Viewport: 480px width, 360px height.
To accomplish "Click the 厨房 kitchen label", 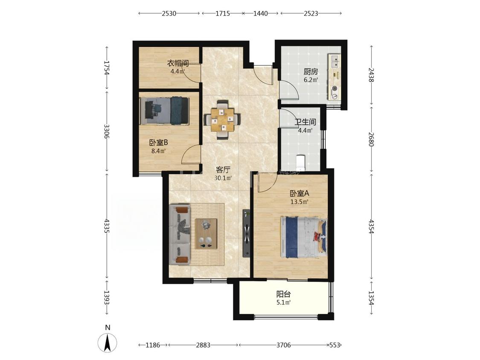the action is click(311, 72).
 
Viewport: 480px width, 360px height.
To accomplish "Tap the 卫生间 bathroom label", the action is click(305, 122).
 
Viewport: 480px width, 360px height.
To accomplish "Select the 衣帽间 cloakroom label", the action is click(177, 64).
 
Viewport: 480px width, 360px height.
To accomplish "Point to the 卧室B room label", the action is click(159, 142).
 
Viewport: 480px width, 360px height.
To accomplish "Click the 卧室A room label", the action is click(300, 194).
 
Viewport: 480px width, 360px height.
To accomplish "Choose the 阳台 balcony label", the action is click(283, 294).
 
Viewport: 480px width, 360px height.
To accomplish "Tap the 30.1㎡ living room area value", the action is click(223, 178).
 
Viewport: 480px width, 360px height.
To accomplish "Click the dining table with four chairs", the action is click(222, 120).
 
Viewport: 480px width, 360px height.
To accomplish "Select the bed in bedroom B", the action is click(165, 111).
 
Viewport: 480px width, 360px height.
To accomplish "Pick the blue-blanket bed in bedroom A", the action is click(303, 237).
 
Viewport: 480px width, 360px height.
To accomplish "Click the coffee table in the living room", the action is click(206, 234).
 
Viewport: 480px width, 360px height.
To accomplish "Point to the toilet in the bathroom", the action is click(301, 163).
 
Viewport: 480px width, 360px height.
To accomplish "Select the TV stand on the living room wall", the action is click(247, 233).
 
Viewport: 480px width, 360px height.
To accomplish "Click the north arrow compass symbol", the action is click(108, 342).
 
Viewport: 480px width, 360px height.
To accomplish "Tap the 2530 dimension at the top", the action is click(169, 14).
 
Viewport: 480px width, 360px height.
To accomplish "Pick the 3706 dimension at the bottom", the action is click(283, 345).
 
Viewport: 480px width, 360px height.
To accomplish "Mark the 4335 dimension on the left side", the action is click(107, 226).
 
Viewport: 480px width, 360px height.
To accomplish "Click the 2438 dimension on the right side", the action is click(371, 75).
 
